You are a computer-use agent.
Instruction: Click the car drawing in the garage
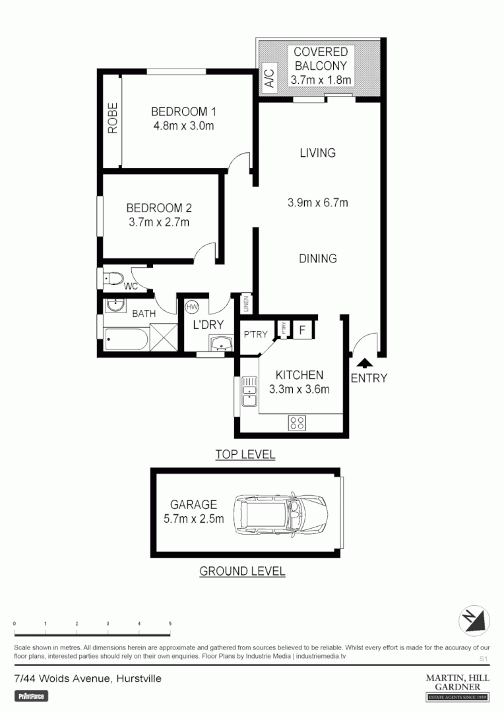click(x=281, y=515)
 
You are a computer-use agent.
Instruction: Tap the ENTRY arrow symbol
click(x=363, y=362)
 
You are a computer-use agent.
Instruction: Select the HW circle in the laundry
click(x=193, y=307)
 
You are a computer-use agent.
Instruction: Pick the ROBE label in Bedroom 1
click(x=113, y=119)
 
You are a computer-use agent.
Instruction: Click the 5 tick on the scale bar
click(x=170, y=623)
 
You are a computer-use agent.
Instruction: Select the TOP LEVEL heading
click(x=245, y=454)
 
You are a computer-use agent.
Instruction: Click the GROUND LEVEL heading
click(x=242, y=571)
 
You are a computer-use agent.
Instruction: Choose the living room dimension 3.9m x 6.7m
click(x=317, y=203)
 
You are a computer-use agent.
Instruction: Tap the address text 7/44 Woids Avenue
click(x=87, y=678)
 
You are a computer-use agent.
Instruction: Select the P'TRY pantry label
click(x=256, y=334)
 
